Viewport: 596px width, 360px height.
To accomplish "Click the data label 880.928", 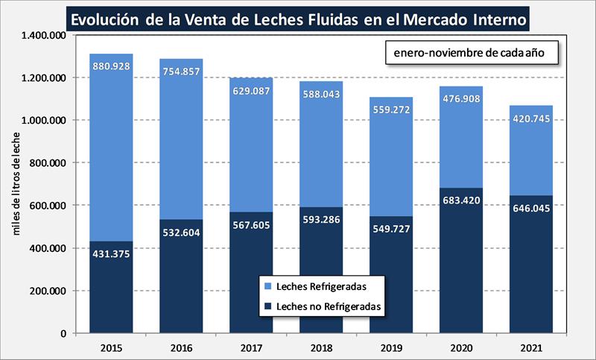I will pyautogui.click(x=112, y=66).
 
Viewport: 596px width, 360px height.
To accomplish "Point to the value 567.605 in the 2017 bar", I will pyautogui.click(x=251, y=230).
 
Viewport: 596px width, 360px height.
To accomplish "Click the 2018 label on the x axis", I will pyautogui.click(x=321, y=347).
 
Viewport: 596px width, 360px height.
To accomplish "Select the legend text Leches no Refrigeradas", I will pyautogui.click(x=329, y=306).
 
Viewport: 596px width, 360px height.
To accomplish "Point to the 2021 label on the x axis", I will pyautogui.click(x=530, y=347).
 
